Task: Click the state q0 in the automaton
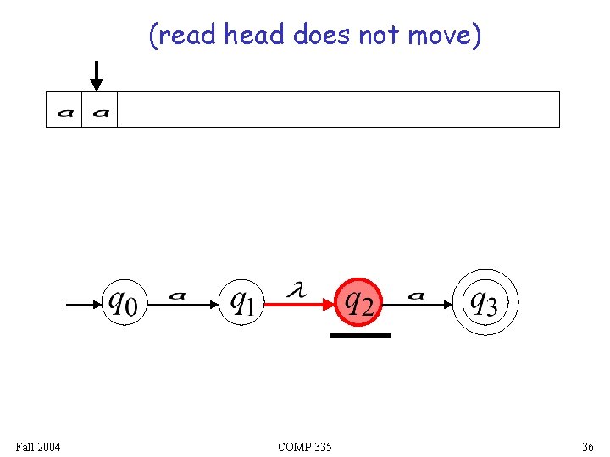tap(124, 302)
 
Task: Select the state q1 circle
tap(242, 302)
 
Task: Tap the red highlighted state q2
tap(360, 302)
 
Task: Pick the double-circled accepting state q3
tap(484, 302)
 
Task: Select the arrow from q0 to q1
tap(182, 304)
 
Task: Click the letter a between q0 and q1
tap(177, 295)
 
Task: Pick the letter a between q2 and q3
tap(416, 295)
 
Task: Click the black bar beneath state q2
tap(360, 335)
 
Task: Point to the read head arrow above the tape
tap(97, 75)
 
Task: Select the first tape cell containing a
tap(64, 110)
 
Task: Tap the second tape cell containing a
tap(100, 110)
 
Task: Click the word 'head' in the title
tap(254, 36)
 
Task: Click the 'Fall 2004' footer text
tap(38, 446)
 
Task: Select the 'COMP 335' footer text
tap(304, 446)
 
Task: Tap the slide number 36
tap(587, 446)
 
